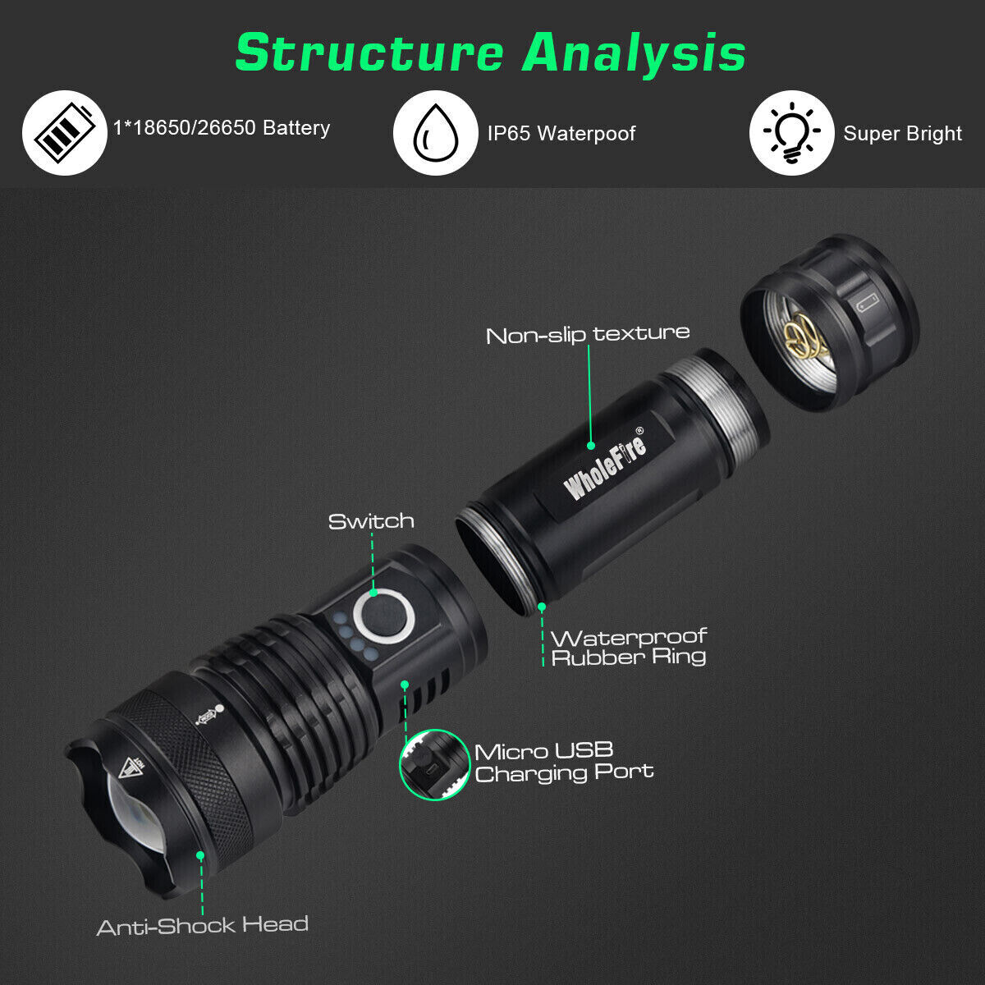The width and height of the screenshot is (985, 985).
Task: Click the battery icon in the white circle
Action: pyautogui.click(x=64, y=133)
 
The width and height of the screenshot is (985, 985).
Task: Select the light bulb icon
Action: pyautogui.click(x=791, y=133)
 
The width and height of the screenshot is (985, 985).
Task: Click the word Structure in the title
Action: pyautogui.click(x=369, y=53)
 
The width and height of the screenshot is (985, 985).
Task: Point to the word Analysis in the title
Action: pyautogui.click(x=635, y=53)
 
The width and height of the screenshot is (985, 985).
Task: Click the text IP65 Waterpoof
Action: pyautogui.click(x=561, y=133)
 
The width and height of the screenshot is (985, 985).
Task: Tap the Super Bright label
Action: pyautogui.click(x=902, y=134)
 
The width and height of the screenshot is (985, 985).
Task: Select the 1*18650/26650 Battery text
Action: pyautogui.click(x=222, y=128)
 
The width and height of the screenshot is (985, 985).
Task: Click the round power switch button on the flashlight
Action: pyautogui.click(x=383, y=615)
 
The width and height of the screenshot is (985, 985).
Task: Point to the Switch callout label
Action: pyautogui.click(x=371, y=521)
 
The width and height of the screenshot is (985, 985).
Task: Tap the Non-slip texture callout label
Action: pyautogui.click(x=588, y=334)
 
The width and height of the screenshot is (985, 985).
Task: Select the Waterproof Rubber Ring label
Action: pyautogui.click(x=629, y=647)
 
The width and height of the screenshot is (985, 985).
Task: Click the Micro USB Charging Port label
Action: pyautogui.click(x=564, y=762)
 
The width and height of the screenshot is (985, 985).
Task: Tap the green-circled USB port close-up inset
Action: pyautogui.click(x=434, y=764)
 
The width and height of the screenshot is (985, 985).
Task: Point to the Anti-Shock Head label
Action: pyautogui.click(x=203, y=926)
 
